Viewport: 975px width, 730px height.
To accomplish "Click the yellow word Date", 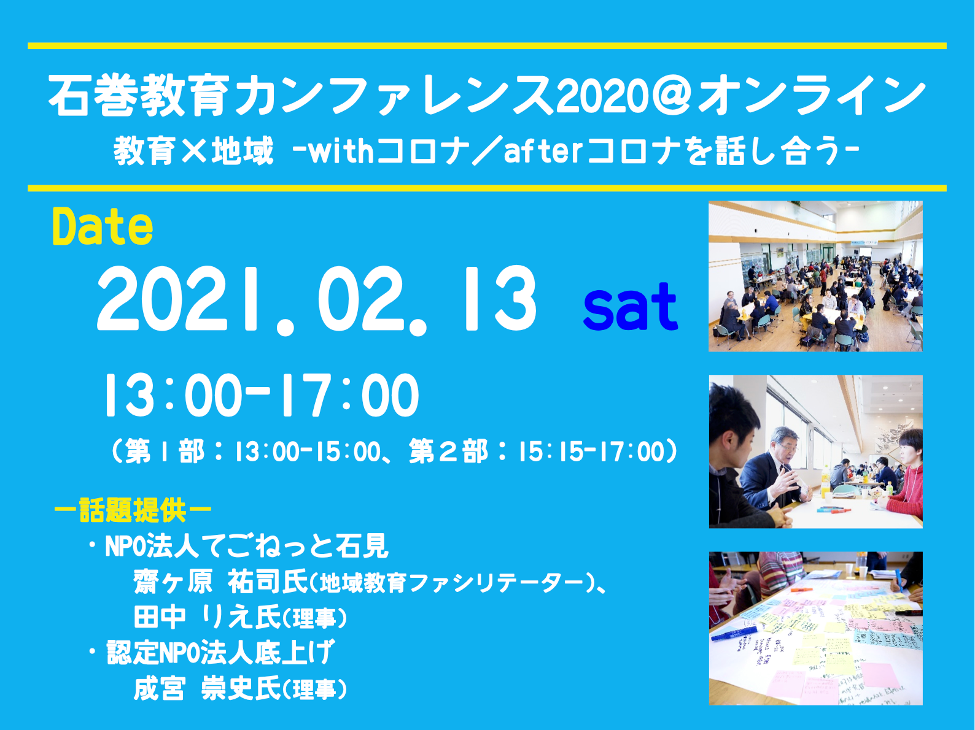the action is point(103,227).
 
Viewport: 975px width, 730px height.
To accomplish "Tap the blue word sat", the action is point(631,306).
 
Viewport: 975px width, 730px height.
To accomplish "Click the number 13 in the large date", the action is point(500,299).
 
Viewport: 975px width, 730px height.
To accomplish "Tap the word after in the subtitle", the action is point(543,151).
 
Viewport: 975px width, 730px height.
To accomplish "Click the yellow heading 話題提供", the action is point(133,510).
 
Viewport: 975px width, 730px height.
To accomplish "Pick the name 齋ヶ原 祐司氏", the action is point(221,582).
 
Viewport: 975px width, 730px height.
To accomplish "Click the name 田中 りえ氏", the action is point(207,617).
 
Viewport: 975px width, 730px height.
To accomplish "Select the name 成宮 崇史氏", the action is point(207,689).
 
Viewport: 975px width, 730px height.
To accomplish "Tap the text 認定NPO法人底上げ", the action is point(220,652).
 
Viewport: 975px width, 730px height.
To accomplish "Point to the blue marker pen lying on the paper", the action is point(734,633).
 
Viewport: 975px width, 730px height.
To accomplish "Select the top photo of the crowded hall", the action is point(815,276).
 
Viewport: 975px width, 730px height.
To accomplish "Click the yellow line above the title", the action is point(487,46).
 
